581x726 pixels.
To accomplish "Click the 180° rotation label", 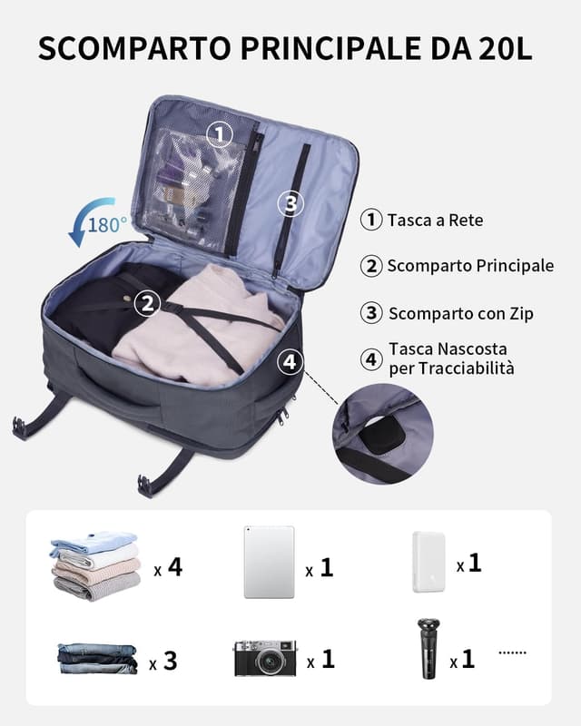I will pyautogui.click(x=108, y=224).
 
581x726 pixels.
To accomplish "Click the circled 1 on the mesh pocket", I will pyautogui.click(x=219, y=135).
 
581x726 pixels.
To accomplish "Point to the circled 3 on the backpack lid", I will pyautogui.click(x=290, y=204).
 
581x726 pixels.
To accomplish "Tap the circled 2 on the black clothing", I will pyautogui.click(x=147, y=303).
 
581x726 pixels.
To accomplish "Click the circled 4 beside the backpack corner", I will pyautogui.click(x=289, y=362).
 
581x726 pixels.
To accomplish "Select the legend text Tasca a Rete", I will pyautogui.click(x=435, y=220).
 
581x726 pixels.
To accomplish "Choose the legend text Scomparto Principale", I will pyautogui.click(x=470, y=266).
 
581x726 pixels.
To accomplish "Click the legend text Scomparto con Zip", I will pyautogui.click(x=460, y=313).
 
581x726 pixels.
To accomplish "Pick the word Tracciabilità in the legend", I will pyautogui.click(x=451, y=368).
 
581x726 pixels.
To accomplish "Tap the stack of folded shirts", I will pyautogui.click(x=95, y=565).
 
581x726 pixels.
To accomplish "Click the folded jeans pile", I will pyautogui.click(x=97, y=658).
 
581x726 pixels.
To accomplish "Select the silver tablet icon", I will pyautogui.click(x=269, y=563).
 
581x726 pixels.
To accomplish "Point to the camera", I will pyautogui.click(x=265, y=657).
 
